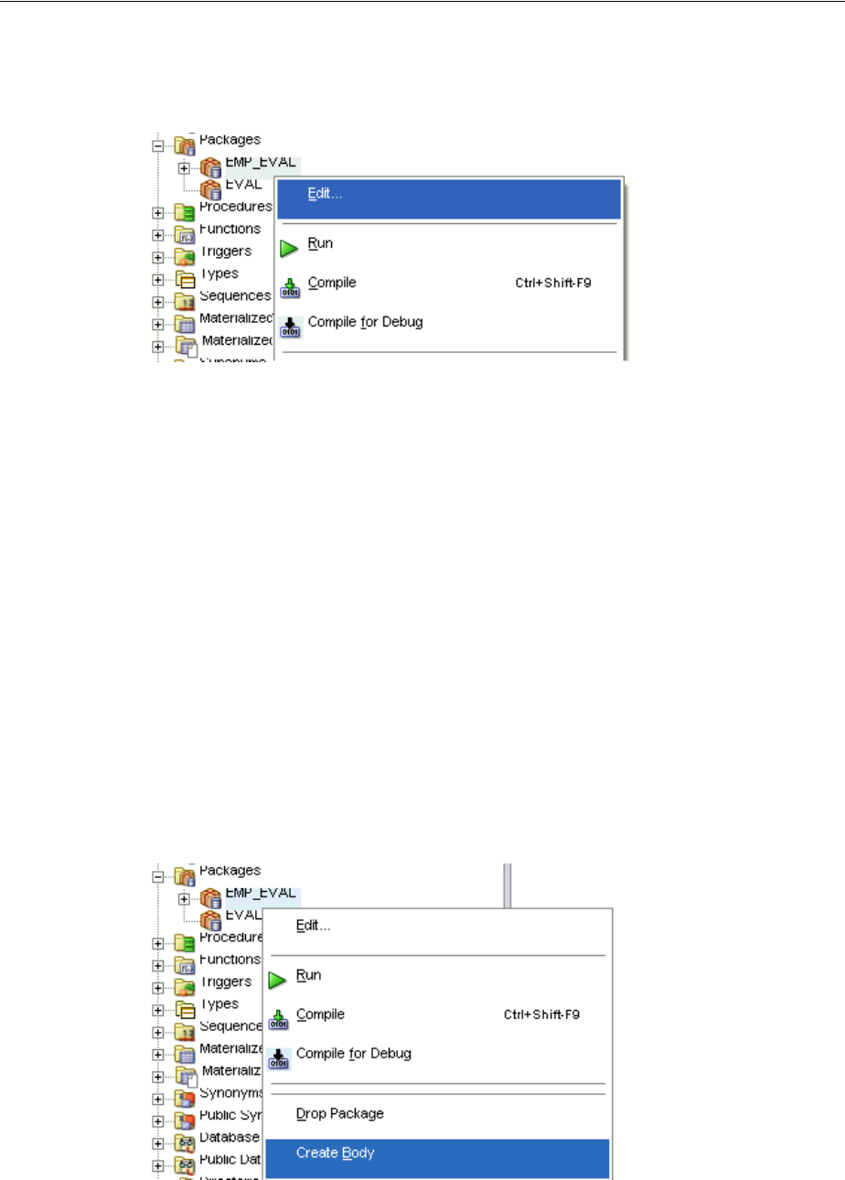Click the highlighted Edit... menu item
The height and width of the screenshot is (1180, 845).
[326, 194]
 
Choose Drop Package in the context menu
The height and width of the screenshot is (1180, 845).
[339, 1114]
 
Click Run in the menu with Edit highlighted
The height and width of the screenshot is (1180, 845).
[320, 243]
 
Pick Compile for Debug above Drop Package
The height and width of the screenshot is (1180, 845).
[353, 1054]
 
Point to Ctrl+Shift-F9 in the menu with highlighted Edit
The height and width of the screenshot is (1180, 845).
[553, 284]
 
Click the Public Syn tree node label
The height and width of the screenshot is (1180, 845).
[230, 1115]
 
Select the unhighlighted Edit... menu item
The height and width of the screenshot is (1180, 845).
[314, 925]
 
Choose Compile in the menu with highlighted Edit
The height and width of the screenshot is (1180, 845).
[332, 283]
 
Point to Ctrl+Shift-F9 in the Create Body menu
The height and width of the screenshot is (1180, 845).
[541, 1015]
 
